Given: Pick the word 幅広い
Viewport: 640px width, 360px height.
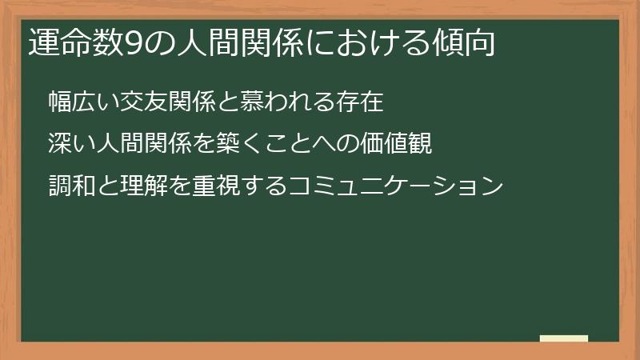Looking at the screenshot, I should click(x=81, y=102).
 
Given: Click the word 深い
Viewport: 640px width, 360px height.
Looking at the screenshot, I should click(x=70, y=145).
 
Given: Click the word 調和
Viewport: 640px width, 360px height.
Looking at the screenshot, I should click(x=70, y=187).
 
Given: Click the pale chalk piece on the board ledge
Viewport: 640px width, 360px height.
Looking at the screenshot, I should click(x=564, y=338).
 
